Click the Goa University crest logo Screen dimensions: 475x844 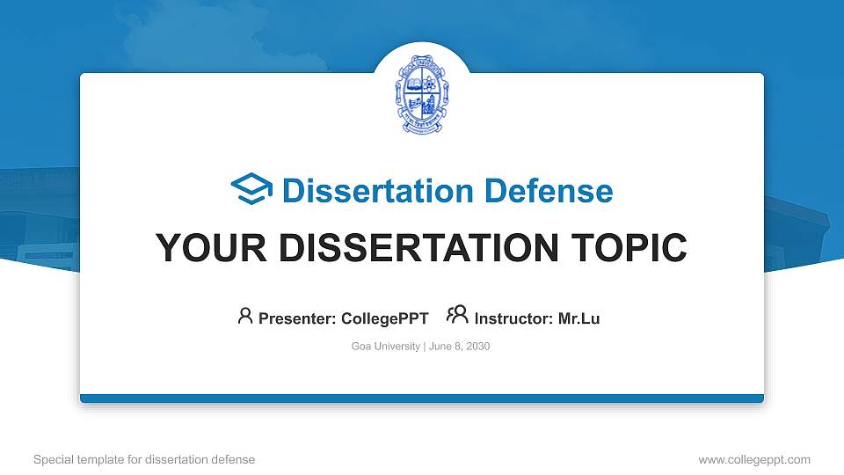422,92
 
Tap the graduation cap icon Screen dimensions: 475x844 252,190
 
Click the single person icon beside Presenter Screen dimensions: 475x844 245,316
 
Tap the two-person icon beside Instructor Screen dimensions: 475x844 457,316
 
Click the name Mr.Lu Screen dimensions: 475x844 579,318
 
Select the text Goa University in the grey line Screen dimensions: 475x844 385,347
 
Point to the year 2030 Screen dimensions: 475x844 478,347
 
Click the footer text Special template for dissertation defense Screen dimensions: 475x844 144,459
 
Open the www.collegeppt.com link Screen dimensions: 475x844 753,459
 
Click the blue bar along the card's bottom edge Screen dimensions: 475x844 422,398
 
